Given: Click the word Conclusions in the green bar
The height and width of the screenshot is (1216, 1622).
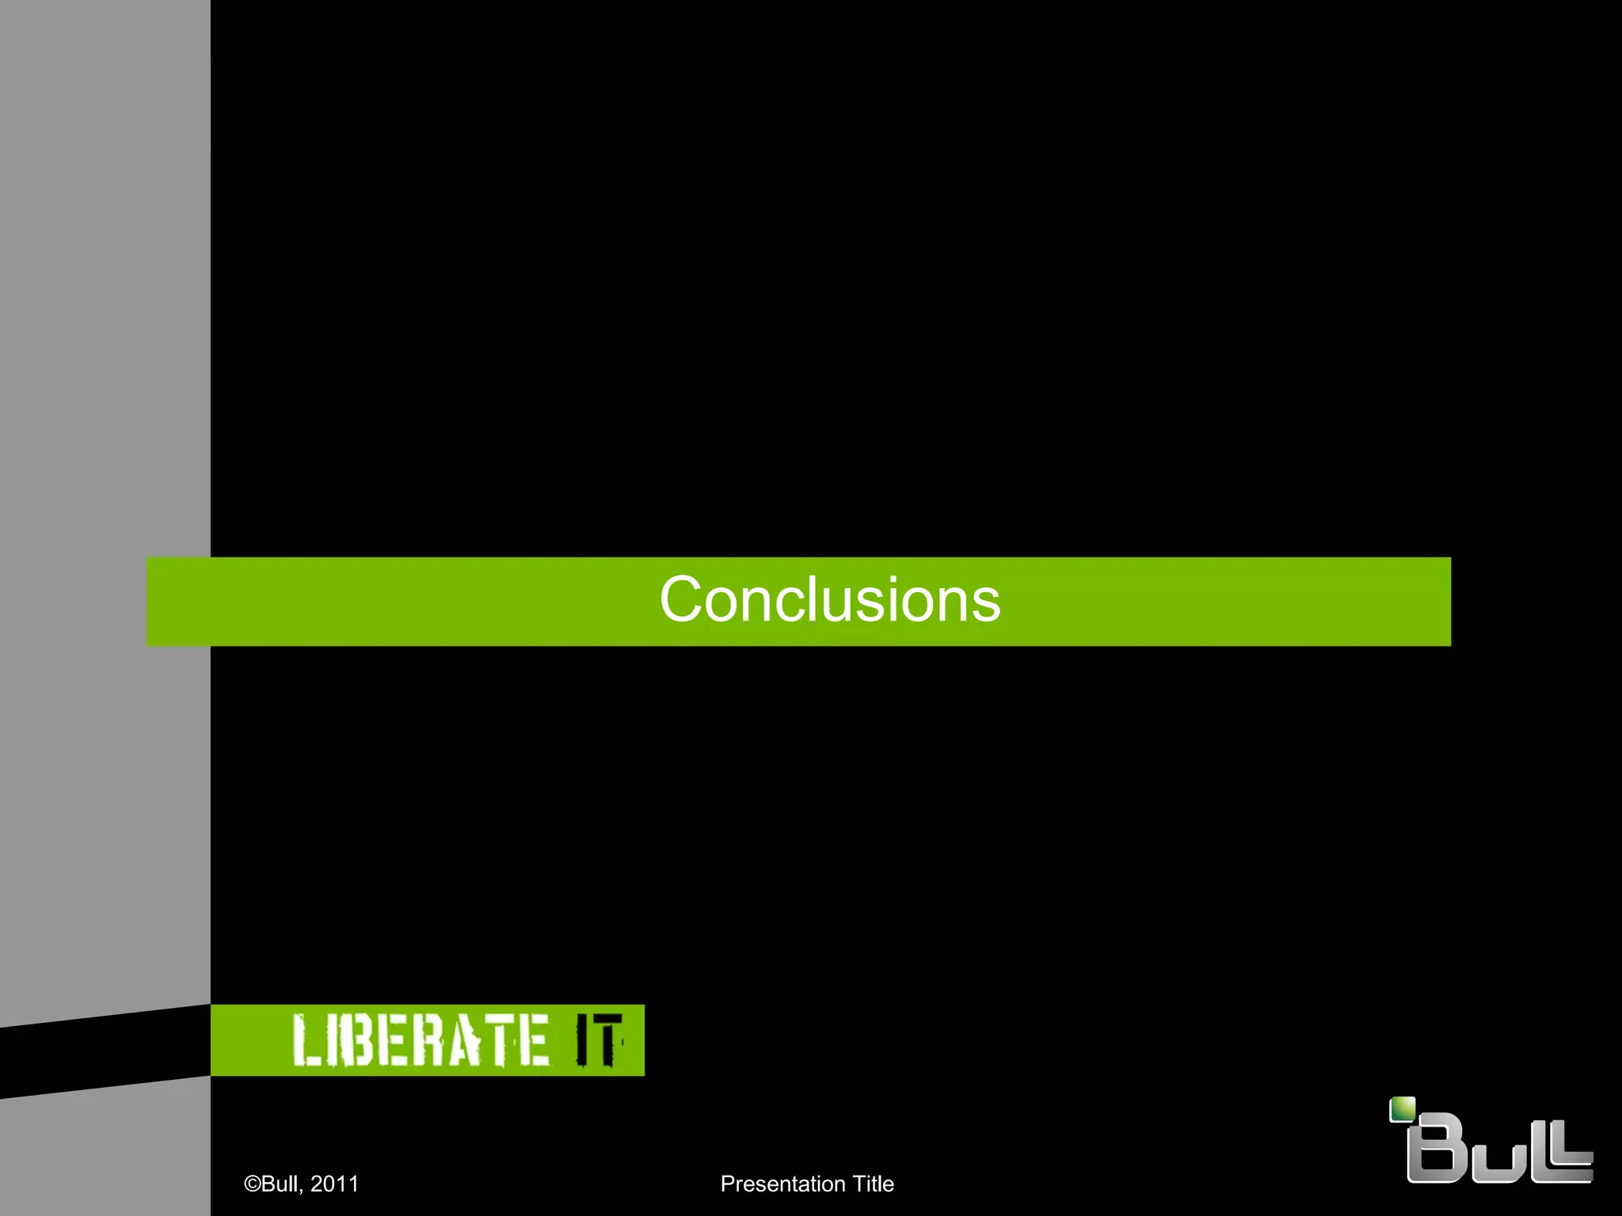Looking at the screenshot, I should (829, 600).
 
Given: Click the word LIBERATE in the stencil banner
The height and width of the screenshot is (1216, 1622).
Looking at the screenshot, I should (420, 1040).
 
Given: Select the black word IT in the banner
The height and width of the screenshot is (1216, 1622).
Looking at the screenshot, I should (598, 1040).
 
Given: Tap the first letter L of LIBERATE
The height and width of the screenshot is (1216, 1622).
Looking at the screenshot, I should (305, 1040).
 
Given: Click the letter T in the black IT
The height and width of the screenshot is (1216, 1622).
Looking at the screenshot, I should (607, 1040).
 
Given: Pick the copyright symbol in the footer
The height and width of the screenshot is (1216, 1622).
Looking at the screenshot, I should (252, 1184).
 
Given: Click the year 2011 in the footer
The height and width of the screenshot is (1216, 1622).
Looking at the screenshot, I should (334, 1184).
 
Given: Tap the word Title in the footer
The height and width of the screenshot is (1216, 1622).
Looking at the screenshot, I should (873, 1184).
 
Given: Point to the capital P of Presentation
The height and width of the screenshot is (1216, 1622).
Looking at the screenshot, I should (727, 1184).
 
